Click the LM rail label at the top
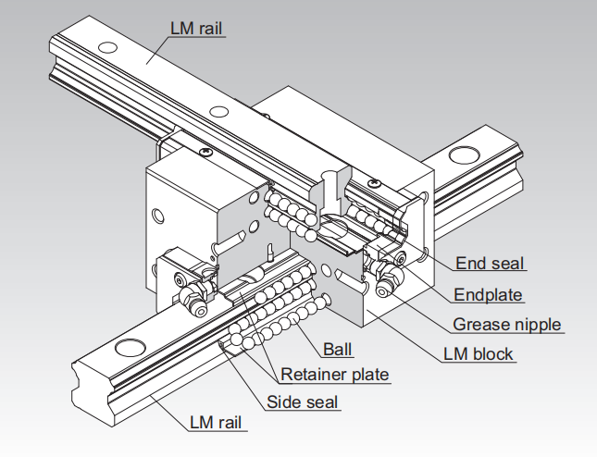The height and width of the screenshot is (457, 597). click(198, 28)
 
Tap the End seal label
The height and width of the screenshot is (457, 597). click(490, 264)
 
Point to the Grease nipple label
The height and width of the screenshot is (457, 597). click(506, 325)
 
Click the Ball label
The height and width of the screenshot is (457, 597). click(338, 351)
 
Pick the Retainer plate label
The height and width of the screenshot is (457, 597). click(334, 375)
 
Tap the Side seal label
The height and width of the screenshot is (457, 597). click(303, 401)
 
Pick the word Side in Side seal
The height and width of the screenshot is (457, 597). click(283, 401)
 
